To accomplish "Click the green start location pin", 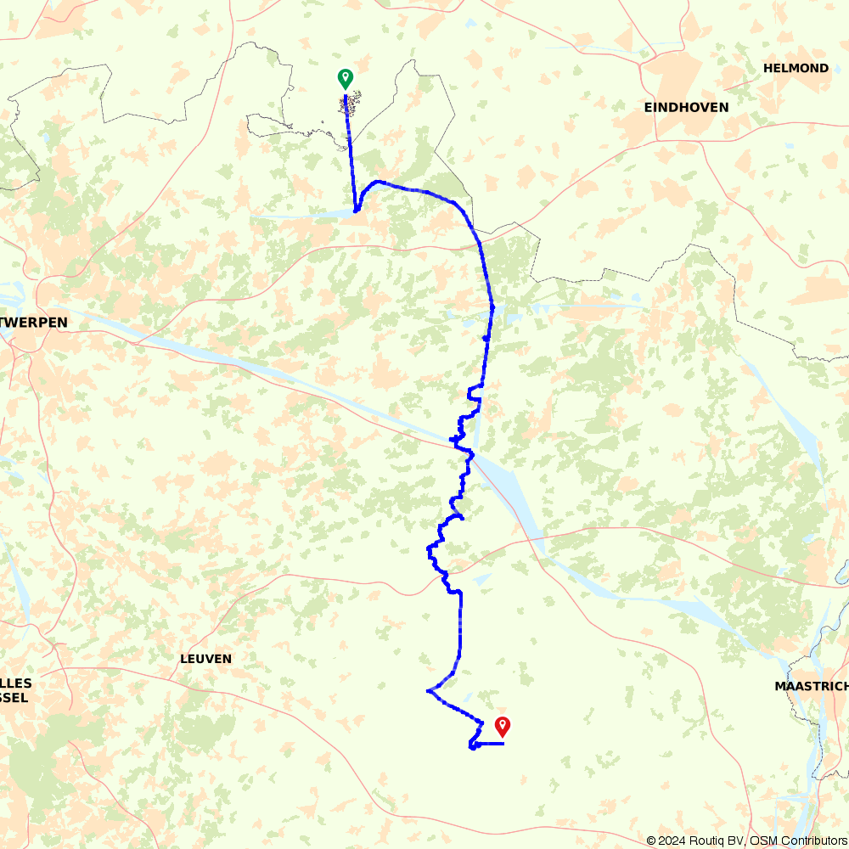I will (345, 78).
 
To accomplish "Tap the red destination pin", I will (503, 726).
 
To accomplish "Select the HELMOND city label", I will (796, 68).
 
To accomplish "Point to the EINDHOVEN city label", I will (686, 107).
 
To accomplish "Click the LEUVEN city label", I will (205, 659).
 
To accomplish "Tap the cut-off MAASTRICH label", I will (811, 686).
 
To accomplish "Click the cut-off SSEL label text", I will (14, 698).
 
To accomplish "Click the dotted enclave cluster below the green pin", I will (348, 105).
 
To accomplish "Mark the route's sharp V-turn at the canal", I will (357, 210).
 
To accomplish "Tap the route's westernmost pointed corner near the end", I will (427, 691).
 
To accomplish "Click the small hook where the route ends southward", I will (471, 746).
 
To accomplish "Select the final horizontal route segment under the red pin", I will (490, 744).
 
